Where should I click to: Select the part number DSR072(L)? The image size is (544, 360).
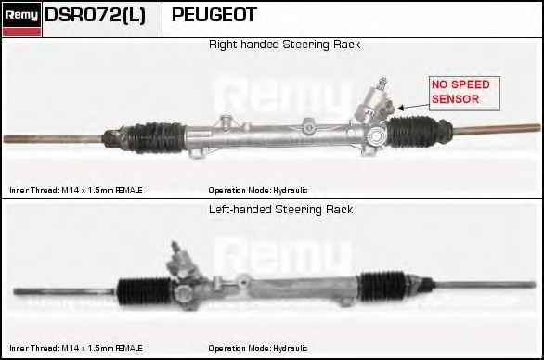95,15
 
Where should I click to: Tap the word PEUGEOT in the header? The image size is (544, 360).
214,15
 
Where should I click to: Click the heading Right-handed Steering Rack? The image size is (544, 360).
284,45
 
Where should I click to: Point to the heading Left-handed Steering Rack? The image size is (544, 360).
280,210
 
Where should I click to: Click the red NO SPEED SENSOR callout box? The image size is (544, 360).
464,94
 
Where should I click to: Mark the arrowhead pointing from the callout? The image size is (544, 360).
401,109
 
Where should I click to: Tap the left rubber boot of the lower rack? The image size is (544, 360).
144,290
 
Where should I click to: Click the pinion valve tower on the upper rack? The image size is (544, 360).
374,102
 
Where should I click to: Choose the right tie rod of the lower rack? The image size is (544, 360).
485,285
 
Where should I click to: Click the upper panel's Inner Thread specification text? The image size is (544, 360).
76,190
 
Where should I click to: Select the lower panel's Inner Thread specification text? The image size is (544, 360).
76,348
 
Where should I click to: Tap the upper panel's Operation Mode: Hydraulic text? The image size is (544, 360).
258,190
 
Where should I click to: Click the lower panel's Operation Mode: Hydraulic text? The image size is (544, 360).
258,348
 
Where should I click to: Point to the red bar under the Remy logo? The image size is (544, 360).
21,32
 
